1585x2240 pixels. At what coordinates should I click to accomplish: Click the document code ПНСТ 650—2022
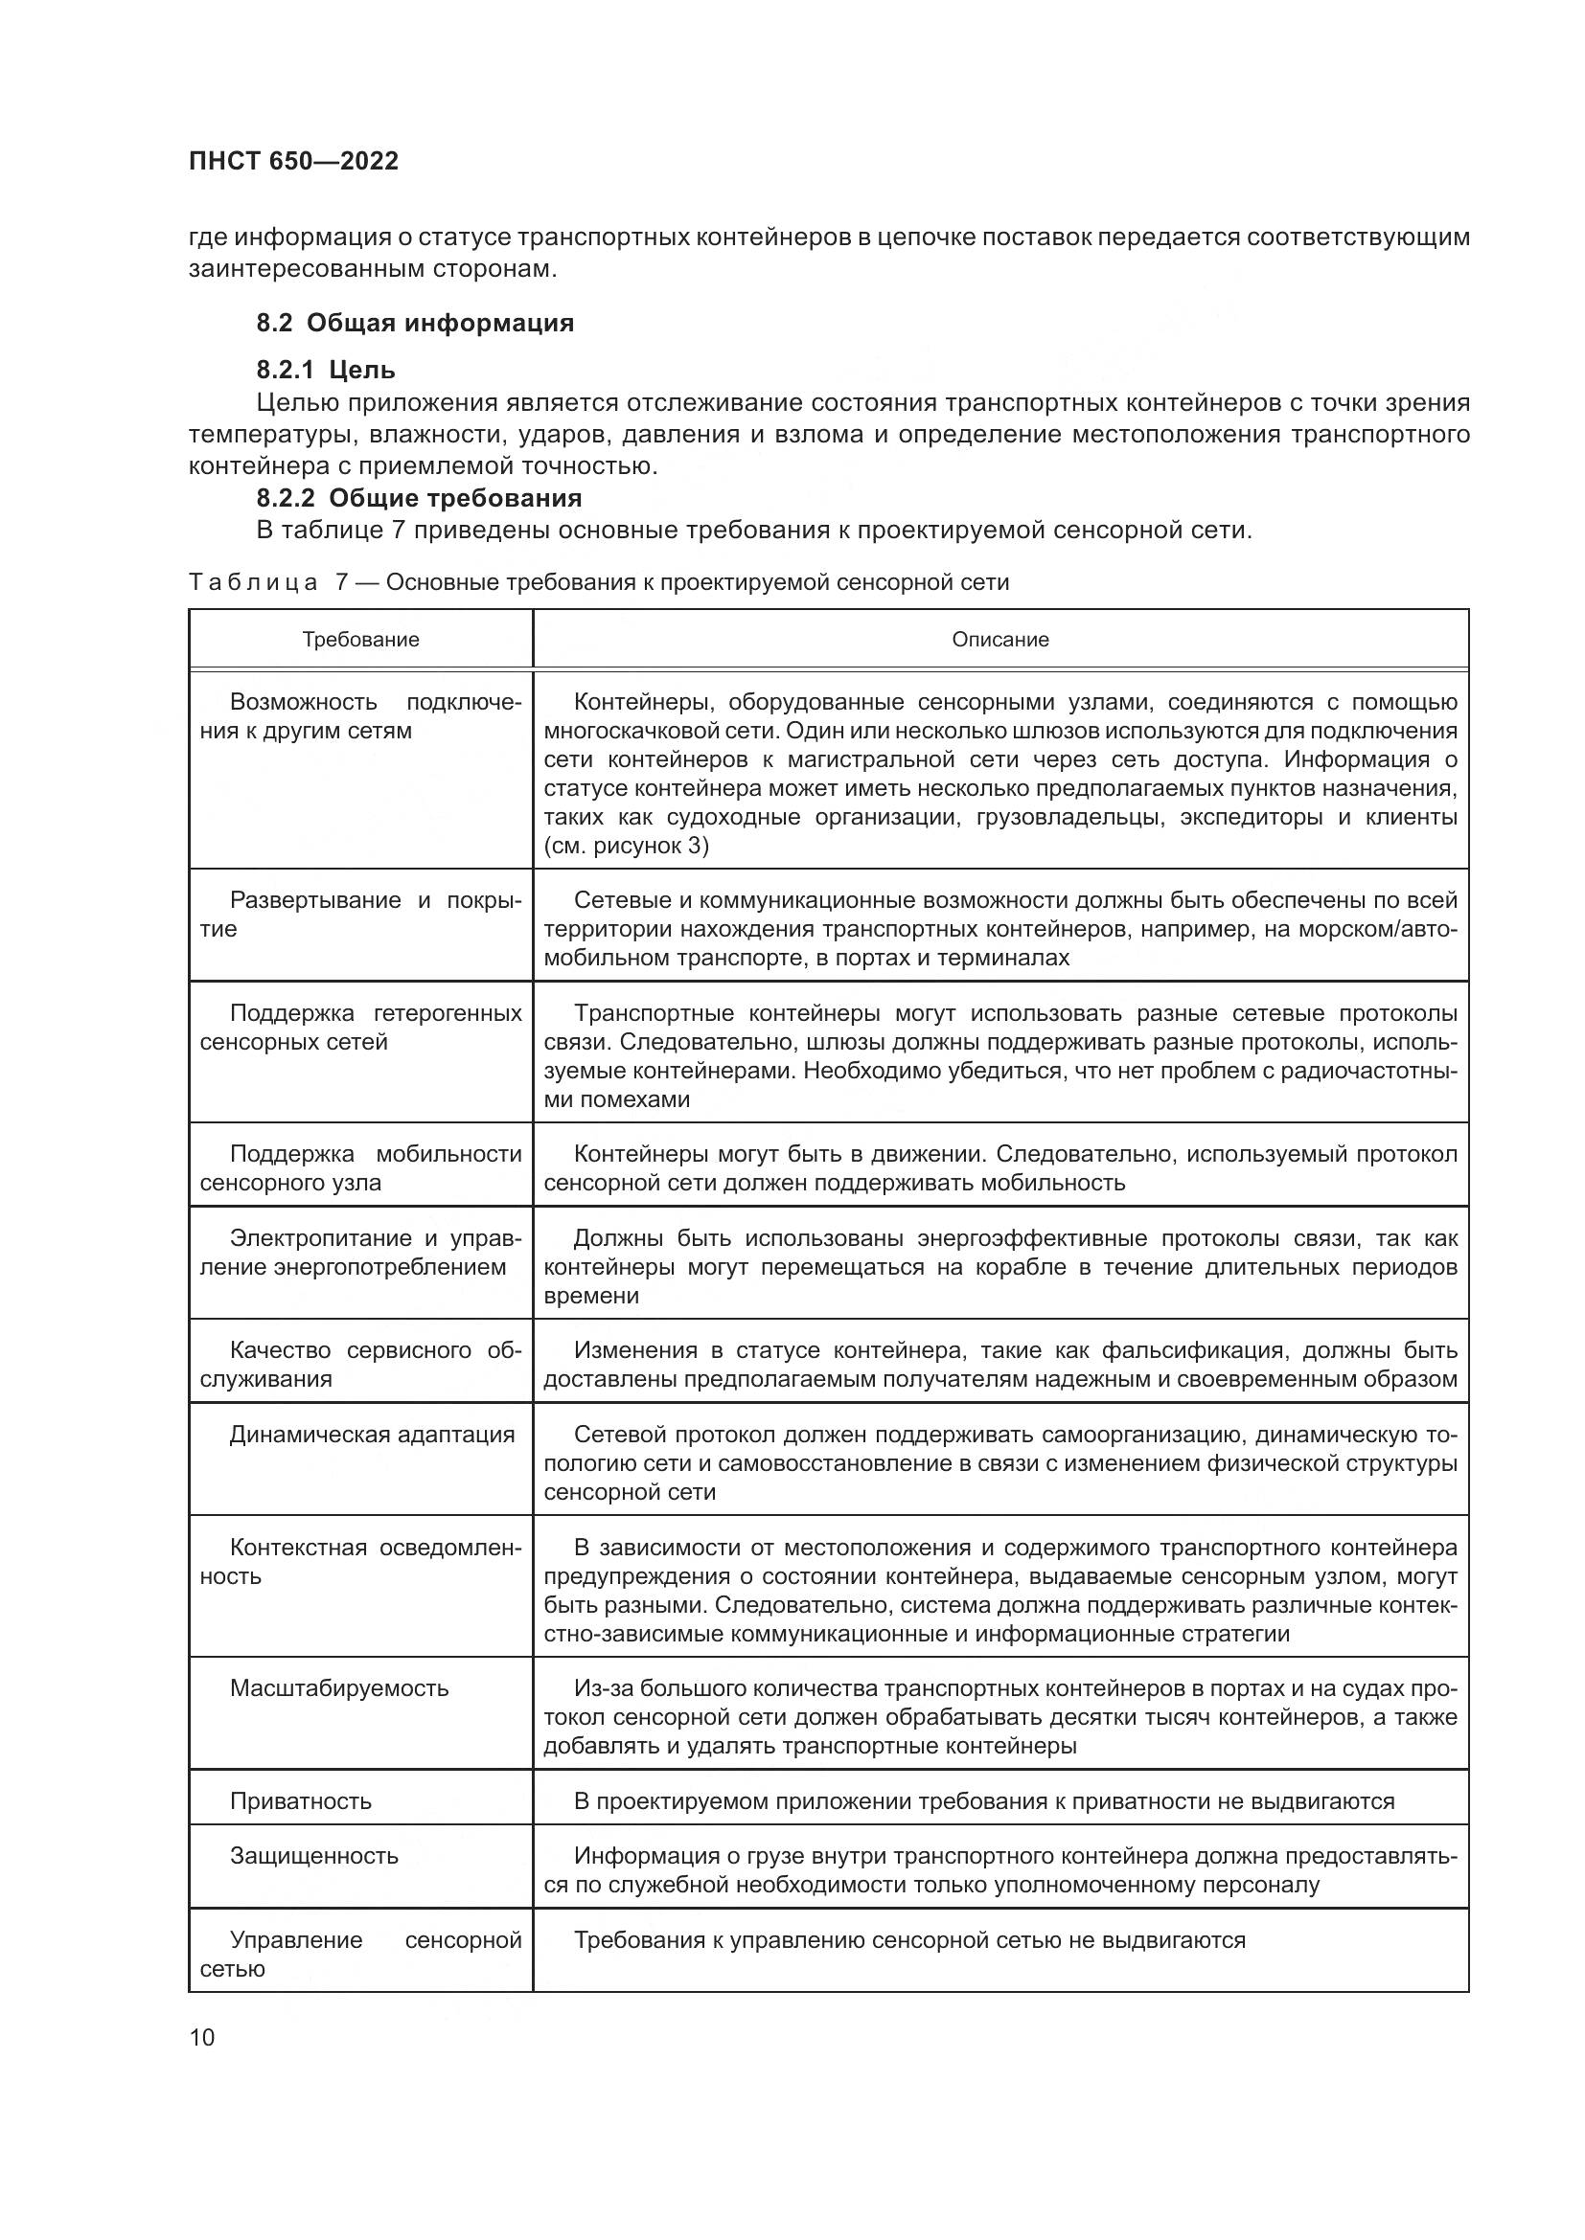coord(294,161)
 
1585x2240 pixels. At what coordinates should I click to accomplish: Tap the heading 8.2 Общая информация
coord(415,323)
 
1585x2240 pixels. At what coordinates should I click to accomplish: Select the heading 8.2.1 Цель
coord(326,370)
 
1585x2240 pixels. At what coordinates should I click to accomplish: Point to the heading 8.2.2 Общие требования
coord(419,499)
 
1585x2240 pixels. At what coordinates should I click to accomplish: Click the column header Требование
coord(360,640)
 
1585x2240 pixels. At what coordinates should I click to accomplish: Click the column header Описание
coord(1000,640)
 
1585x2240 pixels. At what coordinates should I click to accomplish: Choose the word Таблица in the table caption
coord(253,583)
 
